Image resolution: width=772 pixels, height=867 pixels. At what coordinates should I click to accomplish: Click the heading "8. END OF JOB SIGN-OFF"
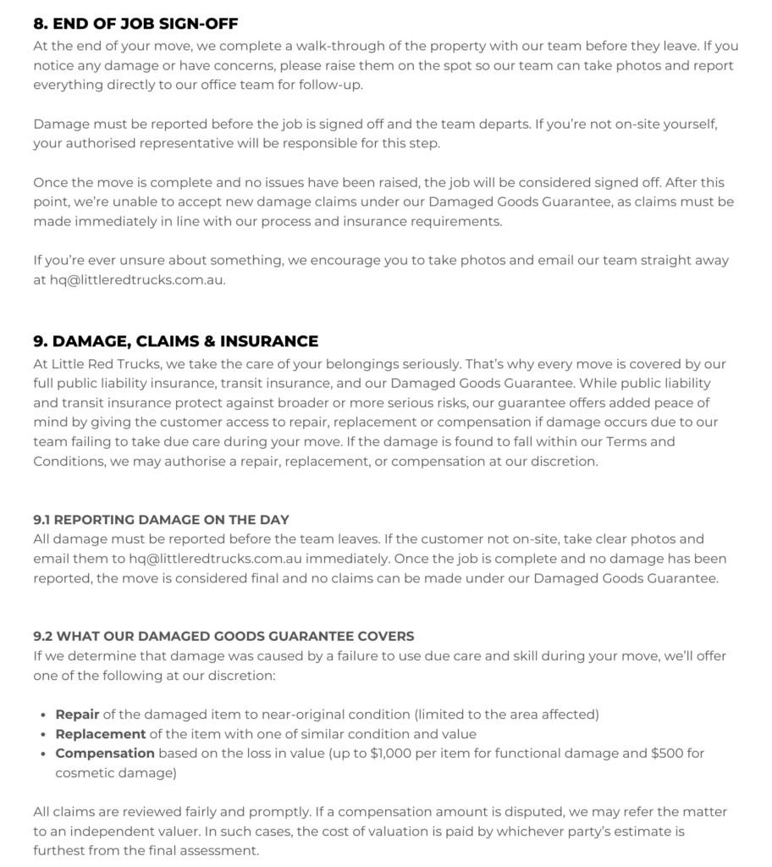point(135,24)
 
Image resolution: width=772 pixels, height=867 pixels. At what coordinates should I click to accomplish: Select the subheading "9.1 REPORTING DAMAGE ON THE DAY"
point(161,520)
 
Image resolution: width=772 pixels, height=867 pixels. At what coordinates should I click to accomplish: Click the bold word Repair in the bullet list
point(77,714)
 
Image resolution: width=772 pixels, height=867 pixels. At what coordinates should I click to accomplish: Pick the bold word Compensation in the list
point(105,753)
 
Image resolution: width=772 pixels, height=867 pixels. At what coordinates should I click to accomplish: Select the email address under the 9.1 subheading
point(223,558)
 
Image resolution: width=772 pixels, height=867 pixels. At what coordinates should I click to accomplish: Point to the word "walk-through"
point(344,46)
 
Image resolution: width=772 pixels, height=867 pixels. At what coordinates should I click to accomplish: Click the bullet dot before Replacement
point(43,734)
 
